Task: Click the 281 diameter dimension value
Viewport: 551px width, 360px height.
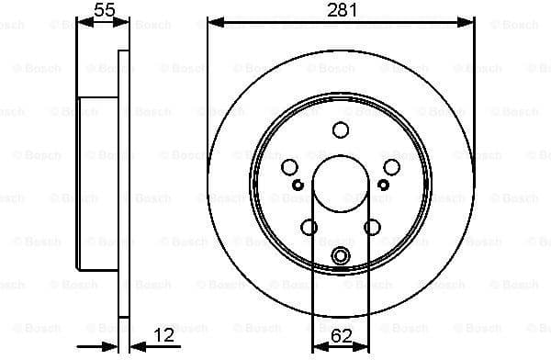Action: point(341,10)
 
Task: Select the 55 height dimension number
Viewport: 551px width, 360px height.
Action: point(105,10)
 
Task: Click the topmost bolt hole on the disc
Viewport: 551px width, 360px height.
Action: point(341,129)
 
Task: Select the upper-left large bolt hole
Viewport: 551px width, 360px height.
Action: point(290,167)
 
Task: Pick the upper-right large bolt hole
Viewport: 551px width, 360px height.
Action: point(391,167)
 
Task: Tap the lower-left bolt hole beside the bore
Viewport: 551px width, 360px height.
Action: point(309,227)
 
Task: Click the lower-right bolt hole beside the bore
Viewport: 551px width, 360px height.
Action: point(372,227)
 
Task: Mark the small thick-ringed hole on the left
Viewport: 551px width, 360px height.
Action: point(297,186)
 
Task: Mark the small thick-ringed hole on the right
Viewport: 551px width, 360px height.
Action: point(385,186)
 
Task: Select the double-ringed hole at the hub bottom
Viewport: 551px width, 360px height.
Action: point(341,255)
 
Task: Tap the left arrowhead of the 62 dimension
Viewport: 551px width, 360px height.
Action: point(318,347)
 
